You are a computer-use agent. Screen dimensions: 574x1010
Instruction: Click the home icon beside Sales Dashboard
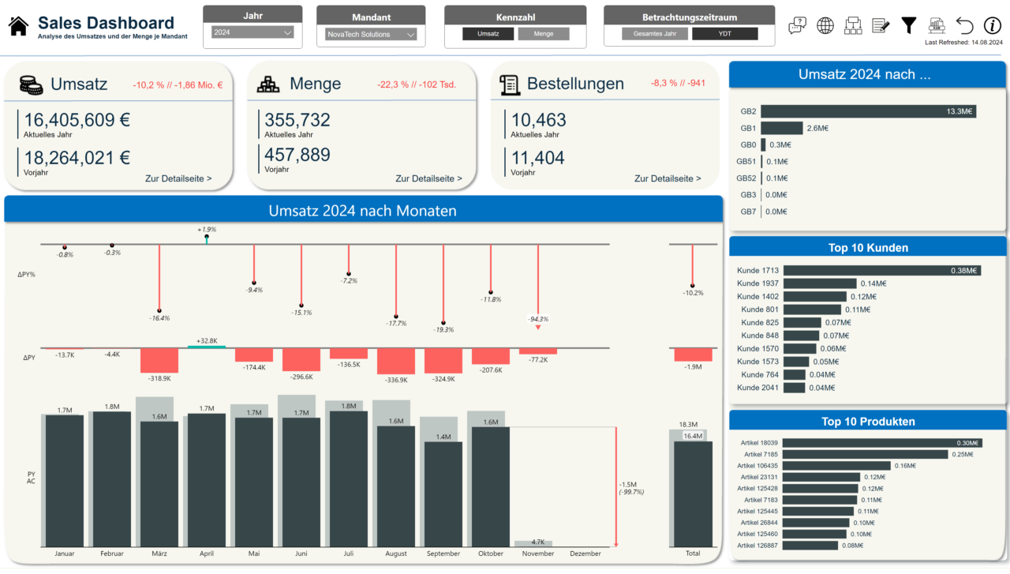[x=18, y=26]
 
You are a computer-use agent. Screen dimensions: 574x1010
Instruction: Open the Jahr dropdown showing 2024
[x=253, y=33]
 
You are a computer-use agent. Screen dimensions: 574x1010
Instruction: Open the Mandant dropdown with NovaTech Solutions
[x=371, y=35]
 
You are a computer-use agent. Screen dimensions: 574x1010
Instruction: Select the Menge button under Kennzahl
[x=544, y=34]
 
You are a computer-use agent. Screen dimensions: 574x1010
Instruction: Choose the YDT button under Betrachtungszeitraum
[x=724, y=34]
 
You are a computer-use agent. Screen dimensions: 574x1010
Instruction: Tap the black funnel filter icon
[x=908, y=25]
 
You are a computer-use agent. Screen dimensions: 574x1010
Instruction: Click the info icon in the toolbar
[x=992, y=25]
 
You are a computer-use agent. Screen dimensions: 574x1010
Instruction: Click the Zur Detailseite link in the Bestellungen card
[x=668, y=178]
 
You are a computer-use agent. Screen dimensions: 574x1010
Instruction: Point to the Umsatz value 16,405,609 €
[x=77, y=120]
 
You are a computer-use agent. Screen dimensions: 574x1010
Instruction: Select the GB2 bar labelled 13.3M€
[x=868, y=111]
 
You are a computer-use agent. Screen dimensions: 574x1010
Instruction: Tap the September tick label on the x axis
[x=443, y=553]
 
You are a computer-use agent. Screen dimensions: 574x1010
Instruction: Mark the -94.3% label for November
[x=538, y=319]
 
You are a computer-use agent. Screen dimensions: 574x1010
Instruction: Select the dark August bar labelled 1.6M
[x=396, y=486]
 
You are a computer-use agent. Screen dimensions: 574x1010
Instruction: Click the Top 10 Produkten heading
[x=868, y=421]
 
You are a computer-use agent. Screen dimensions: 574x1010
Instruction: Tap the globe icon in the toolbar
[x=825, y=25]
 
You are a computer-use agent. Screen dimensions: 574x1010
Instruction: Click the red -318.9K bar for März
[x=159, y=360]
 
